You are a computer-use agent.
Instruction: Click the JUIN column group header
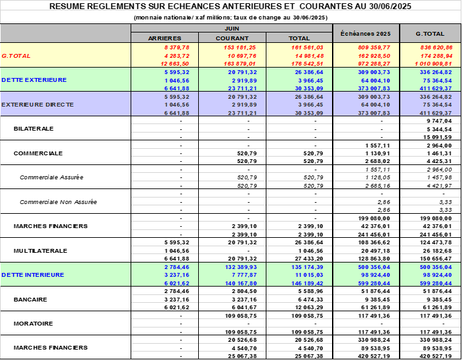[231, 30]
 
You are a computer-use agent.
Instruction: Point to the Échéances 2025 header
[365, 33]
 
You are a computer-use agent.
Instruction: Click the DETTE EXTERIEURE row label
[34, 79]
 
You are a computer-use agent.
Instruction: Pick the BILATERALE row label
[34, 129]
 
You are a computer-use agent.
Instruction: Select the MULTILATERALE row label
[41, 250]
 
